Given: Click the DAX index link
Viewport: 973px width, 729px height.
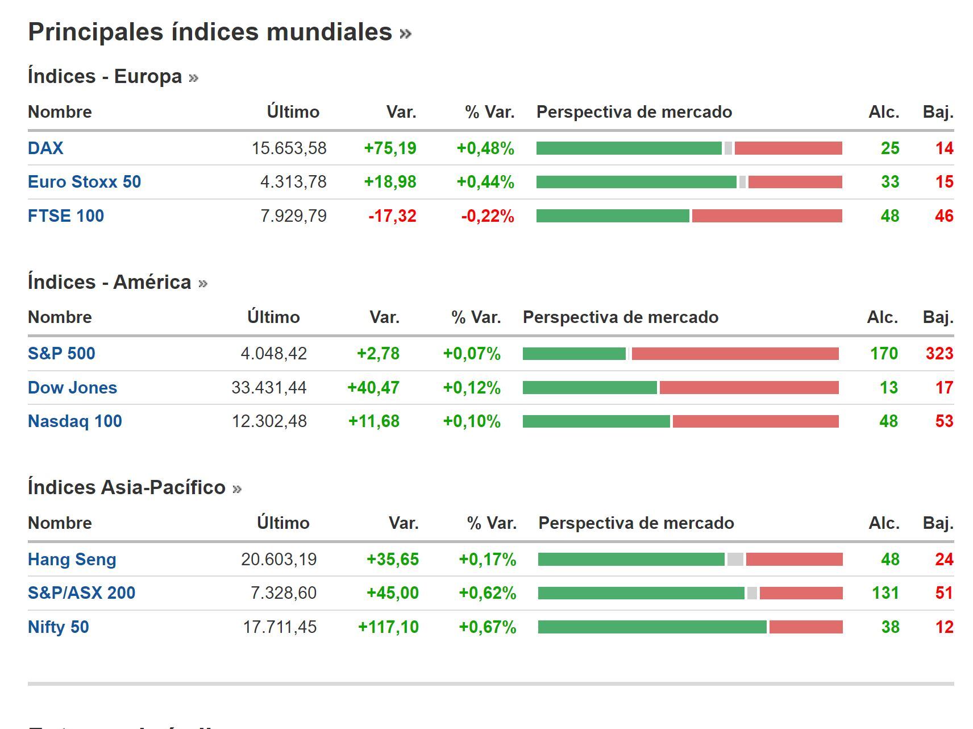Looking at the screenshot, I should click(x=45, y=148).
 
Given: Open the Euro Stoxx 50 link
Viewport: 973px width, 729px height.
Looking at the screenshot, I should click(x=84, y=182).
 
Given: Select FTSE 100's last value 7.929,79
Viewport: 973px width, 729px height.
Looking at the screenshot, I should click(x=293, y=216).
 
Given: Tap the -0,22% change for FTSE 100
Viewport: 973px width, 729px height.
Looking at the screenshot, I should click(x=487, y=216).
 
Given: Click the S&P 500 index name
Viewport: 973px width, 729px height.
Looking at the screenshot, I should click(x=61, y=354).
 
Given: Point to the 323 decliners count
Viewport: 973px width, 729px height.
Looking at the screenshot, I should click(x=939, y=354).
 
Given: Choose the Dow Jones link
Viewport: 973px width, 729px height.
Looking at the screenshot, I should click(x=72, y=388).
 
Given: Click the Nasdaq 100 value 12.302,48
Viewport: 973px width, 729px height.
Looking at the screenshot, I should click(x=269, y=421).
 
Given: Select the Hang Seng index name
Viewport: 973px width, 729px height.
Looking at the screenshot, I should click(x=72, y=560).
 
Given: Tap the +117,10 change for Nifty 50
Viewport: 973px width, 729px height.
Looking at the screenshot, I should click(x=388, y=627).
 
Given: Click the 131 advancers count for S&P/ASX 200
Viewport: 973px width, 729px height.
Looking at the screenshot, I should click(x=885, y=593).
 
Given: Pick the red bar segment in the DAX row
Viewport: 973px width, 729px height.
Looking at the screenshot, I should click(x=788, y=148).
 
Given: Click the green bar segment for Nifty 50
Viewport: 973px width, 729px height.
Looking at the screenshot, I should click(x=652, y=627).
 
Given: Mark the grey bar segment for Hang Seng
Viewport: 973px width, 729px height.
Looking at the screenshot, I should click(x=735, y=560).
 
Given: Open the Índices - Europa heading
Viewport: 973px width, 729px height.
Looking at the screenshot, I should click(x=105, y=77).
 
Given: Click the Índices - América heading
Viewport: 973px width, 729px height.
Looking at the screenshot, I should click(x=109, y=282).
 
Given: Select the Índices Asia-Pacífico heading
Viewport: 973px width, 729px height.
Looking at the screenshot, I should click(x=126, y=488).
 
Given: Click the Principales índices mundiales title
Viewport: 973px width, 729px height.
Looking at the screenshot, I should click(x=210, y=32).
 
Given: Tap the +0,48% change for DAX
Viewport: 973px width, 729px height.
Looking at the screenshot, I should click(x=485, y=148).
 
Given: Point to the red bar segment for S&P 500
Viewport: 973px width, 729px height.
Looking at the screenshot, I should click(x=735, y=354).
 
